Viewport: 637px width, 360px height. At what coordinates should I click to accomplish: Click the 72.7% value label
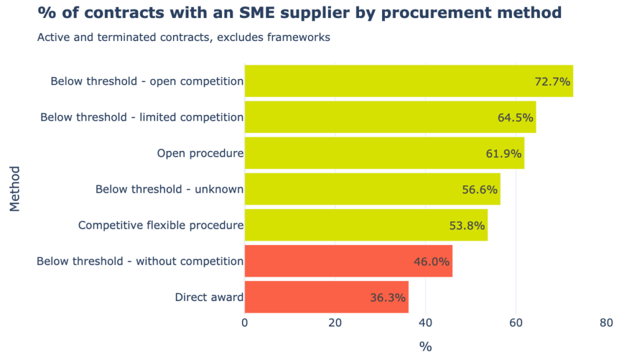[x=552, y=81]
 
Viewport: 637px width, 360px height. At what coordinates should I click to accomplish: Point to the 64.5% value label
[x=516, y=118]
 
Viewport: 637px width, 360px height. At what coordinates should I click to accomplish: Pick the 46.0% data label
[x=431, y=262]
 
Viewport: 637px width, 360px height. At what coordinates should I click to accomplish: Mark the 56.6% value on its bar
[x=480, y=190]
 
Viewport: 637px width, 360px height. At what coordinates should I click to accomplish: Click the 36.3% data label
[x=388, y=298]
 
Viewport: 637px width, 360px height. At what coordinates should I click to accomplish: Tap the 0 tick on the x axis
[x=244, y=323]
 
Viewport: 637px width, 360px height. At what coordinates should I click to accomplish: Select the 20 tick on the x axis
[x=335, y=323]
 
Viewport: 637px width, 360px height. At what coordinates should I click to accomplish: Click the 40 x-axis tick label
[x=425, y=323]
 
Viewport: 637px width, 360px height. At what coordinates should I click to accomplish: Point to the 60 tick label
[x=516, y=323]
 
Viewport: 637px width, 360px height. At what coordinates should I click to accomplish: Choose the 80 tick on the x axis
[x=607, y=323]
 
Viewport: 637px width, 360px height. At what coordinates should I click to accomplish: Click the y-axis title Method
[x=15, y=189]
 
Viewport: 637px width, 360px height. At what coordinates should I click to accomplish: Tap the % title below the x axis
[x=425, y=347]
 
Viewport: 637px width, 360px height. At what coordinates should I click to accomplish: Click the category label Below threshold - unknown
[x=169, y=190]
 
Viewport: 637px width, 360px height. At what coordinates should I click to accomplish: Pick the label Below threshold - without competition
[x=140, y=261]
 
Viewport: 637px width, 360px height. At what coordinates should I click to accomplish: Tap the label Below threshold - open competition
[x=147, y=81]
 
